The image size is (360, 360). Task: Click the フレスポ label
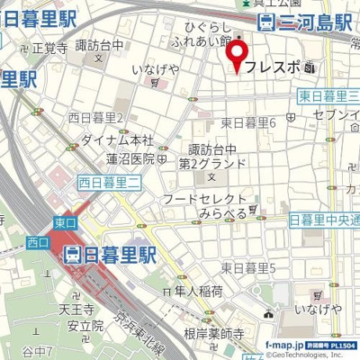(x=274, y=67)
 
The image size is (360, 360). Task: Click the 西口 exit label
(x=37, y=241)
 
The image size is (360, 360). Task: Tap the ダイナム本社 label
(x=117, y=140)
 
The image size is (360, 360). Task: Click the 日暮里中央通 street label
(x=324, y=220)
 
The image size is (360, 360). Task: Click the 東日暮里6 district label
(x=247, y=122)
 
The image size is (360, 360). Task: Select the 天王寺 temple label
(x=76, y=309)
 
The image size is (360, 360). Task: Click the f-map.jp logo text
(x=287, y=344)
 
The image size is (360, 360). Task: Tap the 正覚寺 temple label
(x=50, y=47)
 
